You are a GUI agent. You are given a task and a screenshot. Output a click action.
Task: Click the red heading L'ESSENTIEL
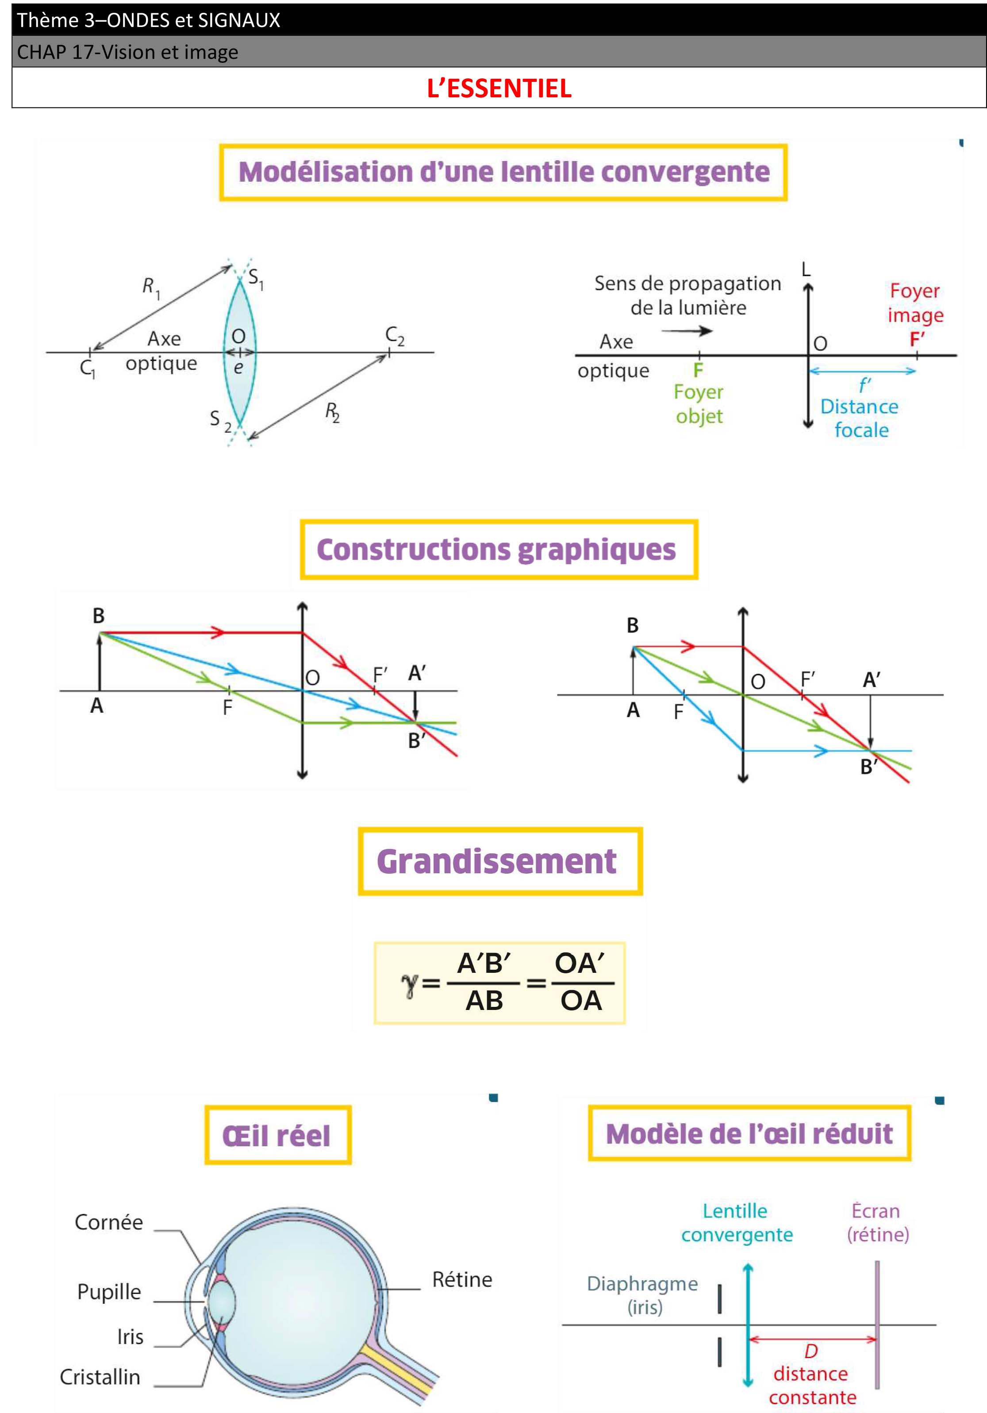(x=499, y=88)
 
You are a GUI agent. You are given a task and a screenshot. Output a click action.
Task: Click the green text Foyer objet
(x=699, y=404)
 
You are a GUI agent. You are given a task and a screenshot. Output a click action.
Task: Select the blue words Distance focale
(x=860, y=418)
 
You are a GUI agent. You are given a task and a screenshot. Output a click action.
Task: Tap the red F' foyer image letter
(x=917, y=339)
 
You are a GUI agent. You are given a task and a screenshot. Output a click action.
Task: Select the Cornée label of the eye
(x=109, y=1222)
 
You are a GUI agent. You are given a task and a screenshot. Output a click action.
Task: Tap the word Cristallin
(x=100, y=1377)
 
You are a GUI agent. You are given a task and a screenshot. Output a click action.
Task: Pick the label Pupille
(x=109, y=1292)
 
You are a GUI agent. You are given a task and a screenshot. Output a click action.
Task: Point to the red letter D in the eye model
(x=811, y=1352)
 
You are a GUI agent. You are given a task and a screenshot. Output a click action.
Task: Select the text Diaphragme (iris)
(x=643, y=1294)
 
